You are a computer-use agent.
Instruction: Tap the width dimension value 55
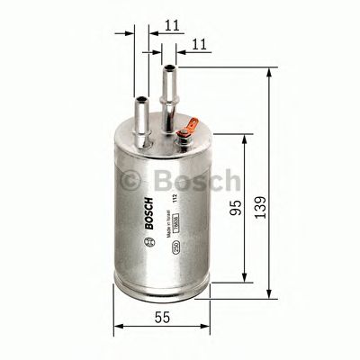click(x=162, y=318)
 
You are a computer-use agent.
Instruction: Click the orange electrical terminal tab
click(x=185, y=138)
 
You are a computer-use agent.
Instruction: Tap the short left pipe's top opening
click(x=141, y=96)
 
